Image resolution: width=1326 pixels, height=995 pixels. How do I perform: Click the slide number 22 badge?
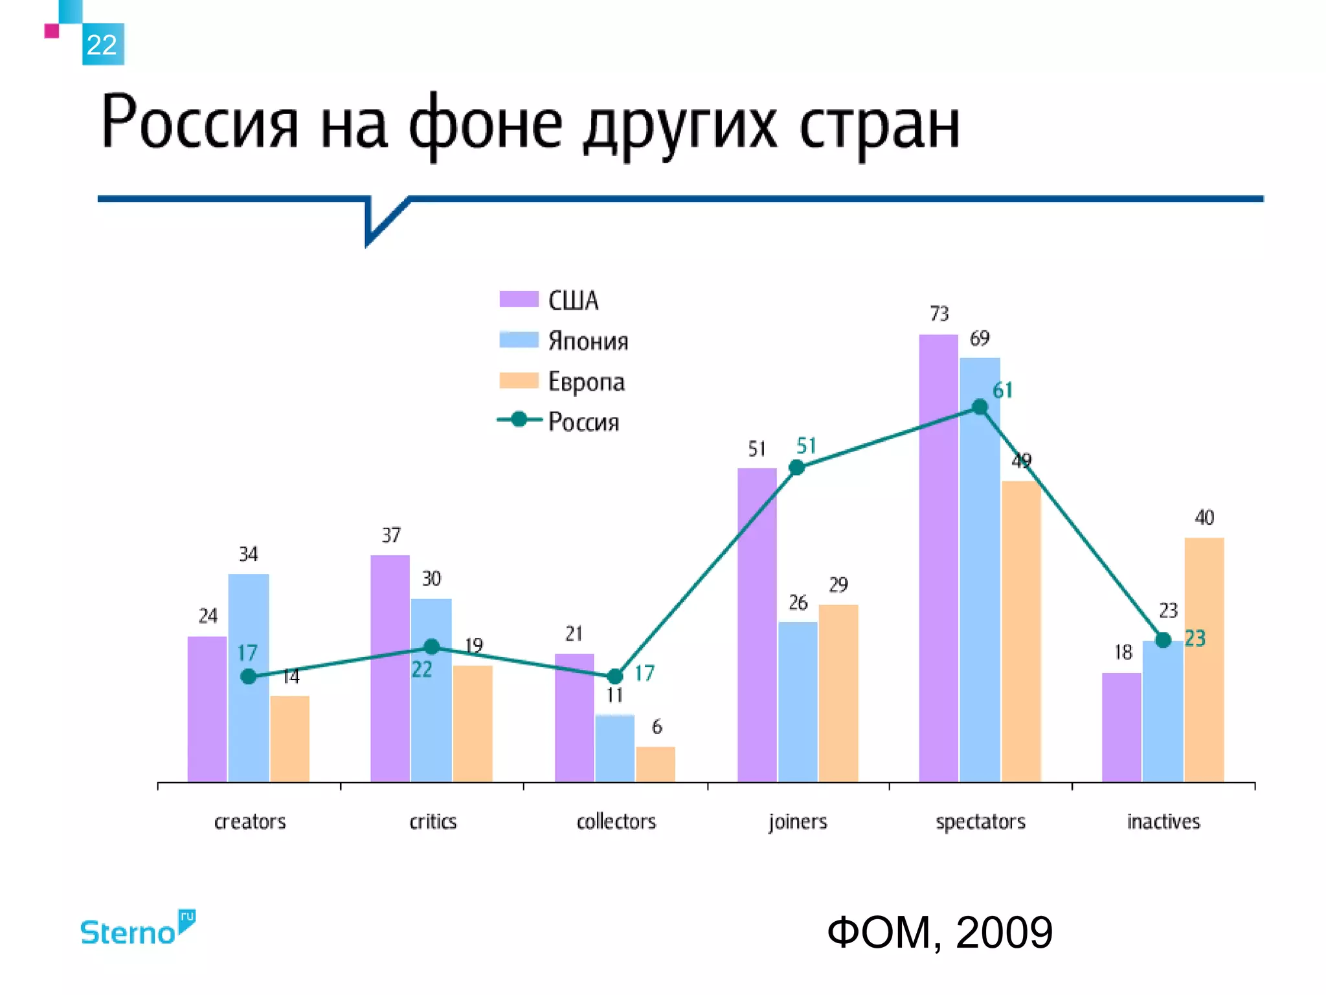[102, 44]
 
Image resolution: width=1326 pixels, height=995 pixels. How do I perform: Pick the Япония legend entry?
[563, 341]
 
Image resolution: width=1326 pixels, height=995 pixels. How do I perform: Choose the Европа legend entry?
[561, 382]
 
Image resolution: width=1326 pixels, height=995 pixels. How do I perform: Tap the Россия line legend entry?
[557, 422]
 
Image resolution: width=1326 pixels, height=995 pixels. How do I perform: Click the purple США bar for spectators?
[938, 557]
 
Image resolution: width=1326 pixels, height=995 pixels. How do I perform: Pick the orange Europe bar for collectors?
[655, 764]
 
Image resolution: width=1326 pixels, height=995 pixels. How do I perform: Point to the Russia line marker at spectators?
[980, 407]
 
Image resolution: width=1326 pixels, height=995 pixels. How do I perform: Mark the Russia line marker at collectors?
[614, 676]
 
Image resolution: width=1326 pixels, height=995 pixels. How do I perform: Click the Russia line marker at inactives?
[1163, 641]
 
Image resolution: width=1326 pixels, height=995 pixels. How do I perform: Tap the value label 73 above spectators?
[939, 314]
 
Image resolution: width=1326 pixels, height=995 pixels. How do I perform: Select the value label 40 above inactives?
[1204, 518]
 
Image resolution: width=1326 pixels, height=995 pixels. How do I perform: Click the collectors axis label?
[616, 821]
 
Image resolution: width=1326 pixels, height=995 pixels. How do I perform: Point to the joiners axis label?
[798, 821]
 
